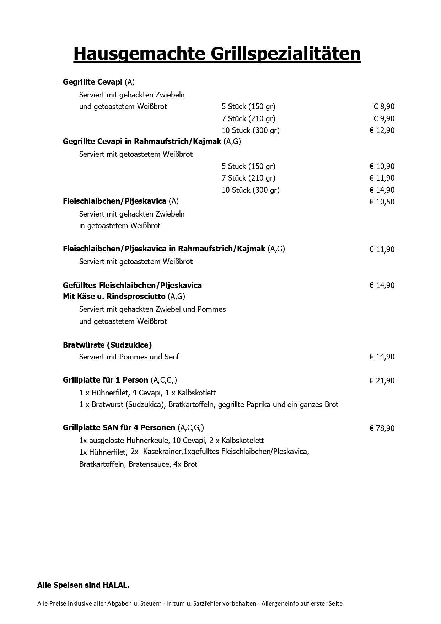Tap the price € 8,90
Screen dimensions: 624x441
click(x=384, y=107)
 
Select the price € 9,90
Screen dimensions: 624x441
click(x=384, y=118)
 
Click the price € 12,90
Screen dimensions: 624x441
click(x=382, y=130)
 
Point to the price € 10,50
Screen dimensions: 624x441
click(x=382, y=202)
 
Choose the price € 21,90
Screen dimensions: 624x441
click(x=382, y=380)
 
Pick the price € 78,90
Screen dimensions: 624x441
click(x=382, y=428)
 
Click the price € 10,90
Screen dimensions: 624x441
click(x=382, y=166)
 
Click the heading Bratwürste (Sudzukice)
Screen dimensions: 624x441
click(x=107, y=345)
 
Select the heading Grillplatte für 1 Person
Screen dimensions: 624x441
click(x=106, y=380)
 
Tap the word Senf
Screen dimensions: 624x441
click(x=172, y=357)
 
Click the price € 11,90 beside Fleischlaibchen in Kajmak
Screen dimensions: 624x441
click(x=382, y=249)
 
